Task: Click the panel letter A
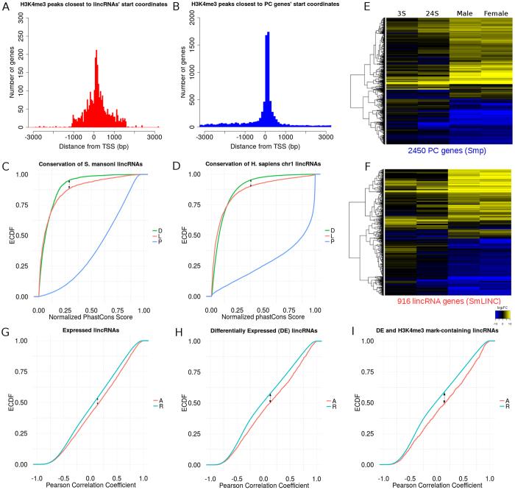[7, 8]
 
